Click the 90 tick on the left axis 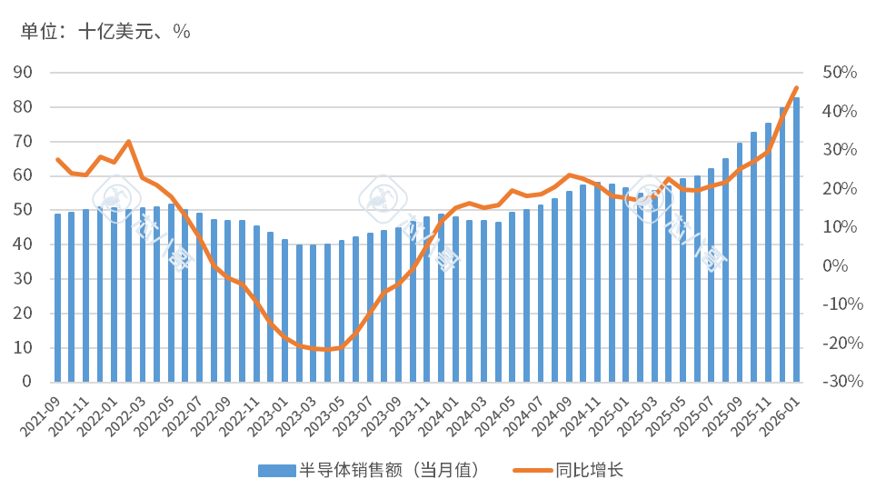point(24,73)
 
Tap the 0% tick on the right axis point(835,266)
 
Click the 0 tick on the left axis point(27,383)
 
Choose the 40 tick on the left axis point(24,245)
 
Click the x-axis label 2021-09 point(44,412)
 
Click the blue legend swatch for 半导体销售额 point(276,470)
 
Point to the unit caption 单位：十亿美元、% point(105,31)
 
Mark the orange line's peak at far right point(797,87)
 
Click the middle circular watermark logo point(383,198)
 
